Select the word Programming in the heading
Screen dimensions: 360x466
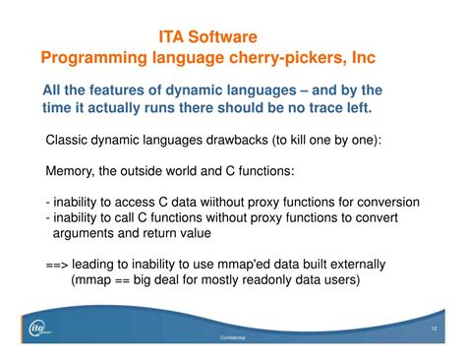tap(95, 58)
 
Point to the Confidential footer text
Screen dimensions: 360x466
tap(233, 336)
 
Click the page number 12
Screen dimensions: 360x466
tap(434, 327)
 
